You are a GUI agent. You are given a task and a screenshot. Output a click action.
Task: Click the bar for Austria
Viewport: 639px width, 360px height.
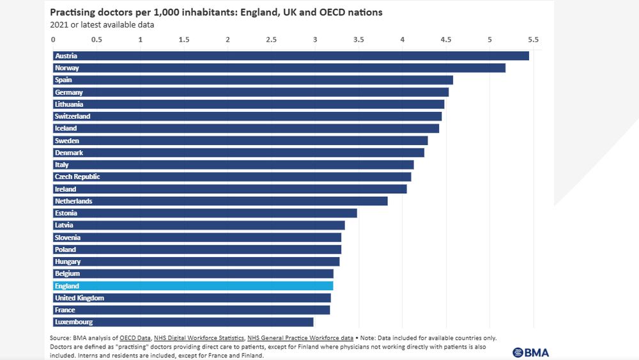[x=291, y=56]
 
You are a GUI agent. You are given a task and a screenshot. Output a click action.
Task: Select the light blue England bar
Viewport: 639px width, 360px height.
[x=193, y=286]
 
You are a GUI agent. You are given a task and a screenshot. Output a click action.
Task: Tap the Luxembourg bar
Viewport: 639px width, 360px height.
[x=183, y=322]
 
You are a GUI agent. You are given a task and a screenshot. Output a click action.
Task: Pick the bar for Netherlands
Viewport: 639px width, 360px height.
[x=220, y=201]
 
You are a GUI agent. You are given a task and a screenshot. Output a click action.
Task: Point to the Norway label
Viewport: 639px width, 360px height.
[x=67, y=68]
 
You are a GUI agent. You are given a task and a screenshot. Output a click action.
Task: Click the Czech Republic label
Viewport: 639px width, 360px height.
[x=77, y=176]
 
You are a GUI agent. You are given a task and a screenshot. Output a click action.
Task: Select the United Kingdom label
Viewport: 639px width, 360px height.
[x=79, y=298]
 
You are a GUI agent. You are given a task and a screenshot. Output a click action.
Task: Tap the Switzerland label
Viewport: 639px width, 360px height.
[x=73, y=116]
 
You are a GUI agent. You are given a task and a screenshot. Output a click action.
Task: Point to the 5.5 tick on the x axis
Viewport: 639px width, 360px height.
[x=534, y=40]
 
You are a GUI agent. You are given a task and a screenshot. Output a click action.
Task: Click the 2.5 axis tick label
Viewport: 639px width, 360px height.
[x=272, y=40]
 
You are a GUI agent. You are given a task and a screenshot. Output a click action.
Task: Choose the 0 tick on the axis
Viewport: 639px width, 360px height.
[x=53, y=40]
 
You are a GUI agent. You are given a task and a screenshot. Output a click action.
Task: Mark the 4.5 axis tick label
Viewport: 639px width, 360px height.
[x=446, y=40]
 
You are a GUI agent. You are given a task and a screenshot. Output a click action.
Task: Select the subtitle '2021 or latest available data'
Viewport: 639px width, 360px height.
[x=102, y=25]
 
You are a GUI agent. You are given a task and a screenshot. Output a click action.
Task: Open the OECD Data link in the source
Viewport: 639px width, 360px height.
[x=135, y=338]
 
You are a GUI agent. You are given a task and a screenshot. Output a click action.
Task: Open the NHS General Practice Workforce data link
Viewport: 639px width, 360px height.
[x=300, y=338]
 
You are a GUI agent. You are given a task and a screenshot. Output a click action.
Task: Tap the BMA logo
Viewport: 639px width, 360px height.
[x=530, y=352]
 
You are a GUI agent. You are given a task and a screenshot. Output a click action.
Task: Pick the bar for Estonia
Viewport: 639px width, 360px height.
[x=204, y=213]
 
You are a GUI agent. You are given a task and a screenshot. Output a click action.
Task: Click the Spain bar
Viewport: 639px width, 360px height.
[x=252, y=80]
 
